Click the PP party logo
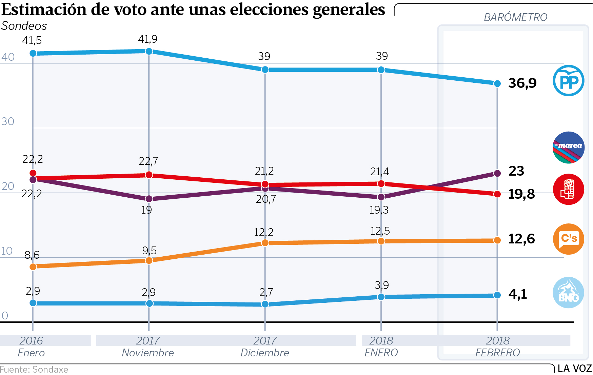click(x=568, y=81)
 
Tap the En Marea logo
click(x=569, y=147)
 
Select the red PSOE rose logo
click(x=569, y=189)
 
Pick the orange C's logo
click(x=569, y=239)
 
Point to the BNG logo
click(x=569, y=293)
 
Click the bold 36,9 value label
click(x=522, y=83)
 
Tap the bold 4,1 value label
click(x=518, y=294)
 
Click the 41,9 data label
click(x=147, y=39)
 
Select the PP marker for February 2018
click(x=497, y=83)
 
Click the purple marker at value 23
click(x=497, y=173)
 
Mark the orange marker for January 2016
click(x=33, y=267)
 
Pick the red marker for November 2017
click(x=149, y=175)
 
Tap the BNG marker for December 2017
click(x=265, y=304)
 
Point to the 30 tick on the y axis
click(x=8, y=121)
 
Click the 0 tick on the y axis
click(x=5, y=316)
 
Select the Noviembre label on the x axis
click(x=148, y=353)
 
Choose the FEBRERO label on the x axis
click(x=497, y=353)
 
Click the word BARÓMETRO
click(x=515, y=17)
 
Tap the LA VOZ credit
click(x=574, y=369)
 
